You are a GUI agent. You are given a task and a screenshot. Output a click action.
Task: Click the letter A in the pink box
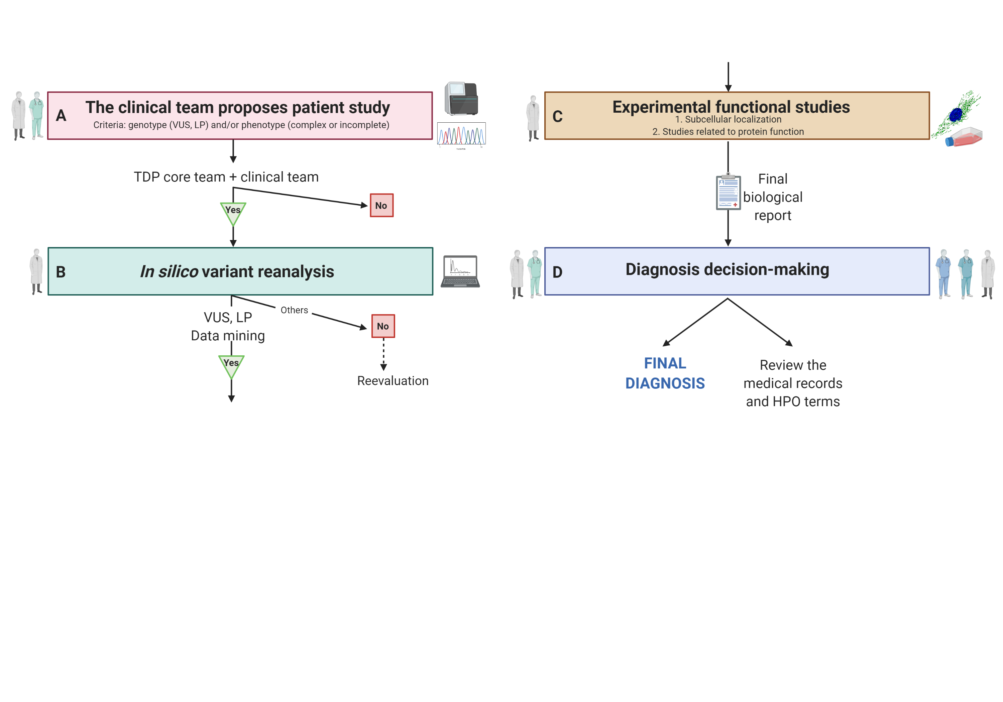61,116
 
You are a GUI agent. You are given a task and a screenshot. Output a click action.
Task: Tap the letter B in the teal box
61,272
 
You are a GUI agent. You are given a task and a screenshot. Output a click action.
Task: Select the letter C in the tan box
557,117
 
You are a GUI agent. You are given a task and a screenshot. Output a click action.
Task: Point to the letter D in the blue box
557,272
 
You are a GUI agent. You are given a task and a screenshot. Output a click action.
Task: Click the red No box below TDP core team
381,205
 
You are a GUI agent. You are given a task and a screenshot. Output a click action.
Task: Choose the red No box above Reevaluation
383,326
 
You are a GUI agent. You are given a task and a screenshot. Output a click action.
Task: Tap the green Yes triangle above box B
233,213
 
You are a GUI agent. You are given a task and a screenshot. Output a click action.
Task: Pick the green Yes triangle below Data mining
231,366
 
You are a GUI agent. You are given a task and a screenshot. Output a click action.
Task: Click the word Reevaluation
393,381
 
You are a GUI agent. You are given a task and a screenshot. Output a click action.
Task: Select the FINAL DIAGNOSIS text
665,373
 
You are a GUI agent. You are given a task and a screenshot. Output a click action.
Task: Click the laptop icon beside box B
460,272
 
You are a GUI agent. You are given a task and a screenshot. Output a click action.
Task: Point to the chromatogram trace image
461,134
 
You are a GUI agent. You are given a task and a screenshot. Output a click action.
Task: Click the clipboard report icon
728,192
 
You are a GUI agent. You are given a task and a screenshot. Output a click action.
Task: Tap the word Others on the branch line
294,310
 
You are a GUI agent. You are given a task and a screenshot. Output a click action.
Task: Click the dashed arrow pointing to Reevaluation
383,354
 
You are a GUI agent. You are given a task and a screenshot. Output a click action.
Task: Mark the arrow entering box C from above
728,77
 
